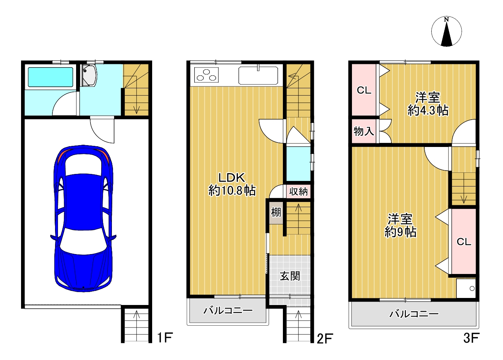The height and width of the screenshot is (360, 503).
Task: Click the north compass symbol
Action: [x=446, y=32]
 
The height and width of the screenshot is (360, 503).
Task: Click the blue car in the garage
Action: [x=83, y=219]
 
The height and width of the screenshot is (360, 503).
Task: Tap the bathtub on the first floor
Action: [x=50, y=77]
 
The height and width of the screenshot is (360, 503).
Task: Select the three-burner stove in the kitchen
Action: [x=206, y=75]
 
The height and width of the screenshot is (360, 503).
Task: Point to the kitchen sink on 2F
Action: [x=258, y=75]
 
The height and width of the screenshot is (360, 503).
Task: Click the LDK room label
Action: [x=232, y=178]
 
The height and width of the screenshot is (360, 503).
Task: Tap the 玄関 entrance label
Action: [x=290, y=276]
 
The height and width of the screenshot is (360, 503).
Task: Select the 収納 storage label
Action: [x=298, y=192]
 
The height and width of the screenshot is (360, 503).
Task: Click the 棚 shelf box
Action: [x=276, y=212]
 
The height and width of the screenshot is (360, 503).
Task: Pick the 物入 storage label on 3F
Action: [x=364, y=131]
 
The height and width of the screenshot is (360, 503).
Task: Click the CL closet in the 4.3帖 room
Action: [x=364, y=90]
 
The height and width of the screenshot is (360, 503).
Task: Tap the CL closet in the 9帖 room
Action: [x=464, y=241]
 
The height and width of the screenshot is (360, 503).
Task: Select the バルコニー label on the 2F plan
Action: [x=228, y=311]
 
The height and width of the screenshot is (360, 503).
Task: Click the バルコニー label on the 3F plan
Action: [x=414, y=314]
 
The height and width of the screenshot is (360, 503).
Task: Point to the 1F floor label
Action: [x=165, y=337]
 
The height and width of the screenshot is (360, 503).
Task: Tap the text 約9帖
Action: [x=400, y=232]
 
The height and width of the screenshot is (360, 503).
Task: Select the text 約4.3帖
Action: [x=428, y=110]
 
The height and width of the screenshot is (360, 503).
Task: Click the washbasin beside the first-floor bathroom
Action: [x=89, y=76]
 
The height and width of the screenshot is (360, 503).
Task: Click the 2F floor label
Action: [x=325, y=338]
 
